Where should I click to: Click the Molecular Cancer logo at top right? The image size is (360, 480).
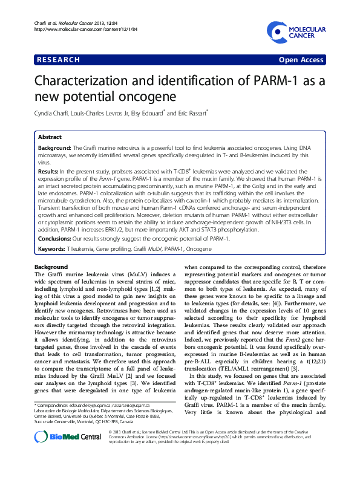tap(294, 33)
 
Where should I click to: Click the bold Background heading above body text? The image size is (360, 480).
tap(51, 283)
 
